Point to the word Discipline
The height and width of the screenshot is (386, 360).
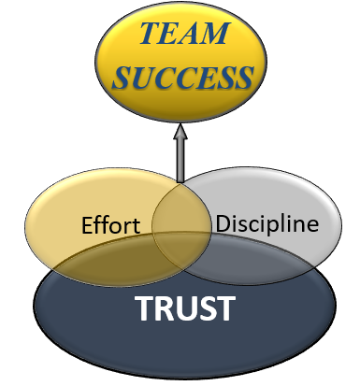(x=266, y=224)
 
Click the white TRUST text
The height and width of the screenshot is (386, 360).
(x=183, y=307)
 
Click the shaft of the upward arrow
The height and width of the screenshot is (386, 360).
(x=180, y=159)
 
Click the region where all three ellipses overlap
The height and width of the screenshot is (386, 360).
(x=181, y=245)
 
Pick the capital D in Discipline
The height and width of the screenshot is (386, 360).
(x=223, y=224)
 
